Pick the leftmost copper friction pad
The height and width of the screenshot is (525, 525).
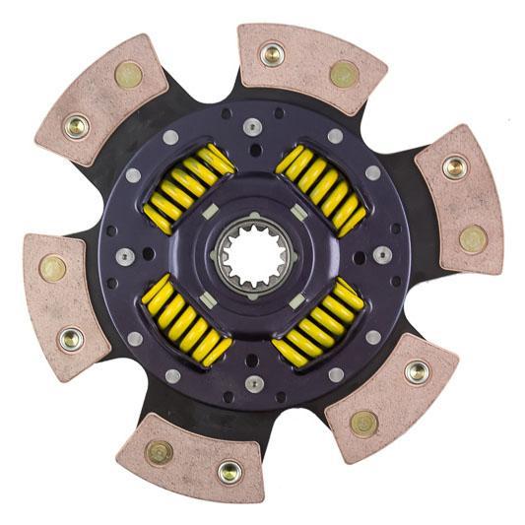coord(61,301)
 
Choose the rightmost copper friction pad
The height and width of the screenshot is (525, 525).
coord(460,202)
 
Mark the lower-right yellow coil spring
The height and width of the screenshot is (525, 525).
coord(321,319)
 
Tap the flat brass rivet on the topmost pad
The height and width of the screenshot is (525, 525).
coord(344,73)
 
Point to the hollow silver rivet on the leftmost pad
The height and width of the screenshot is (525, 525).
coord(70,339)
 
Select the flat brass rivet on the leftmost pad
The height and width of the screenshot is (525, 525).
coord(52,268)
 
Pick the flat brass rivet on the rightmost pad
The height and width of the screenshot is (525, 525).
coord(473,237)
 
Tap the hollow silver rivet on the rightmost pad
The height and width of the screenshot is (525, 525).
coord(454,166)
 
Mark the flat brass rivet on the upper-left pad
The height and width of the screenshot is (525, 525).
coord(128,74)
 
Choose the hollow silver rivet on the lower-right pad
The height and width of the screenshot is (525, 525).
coord(417,371)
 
